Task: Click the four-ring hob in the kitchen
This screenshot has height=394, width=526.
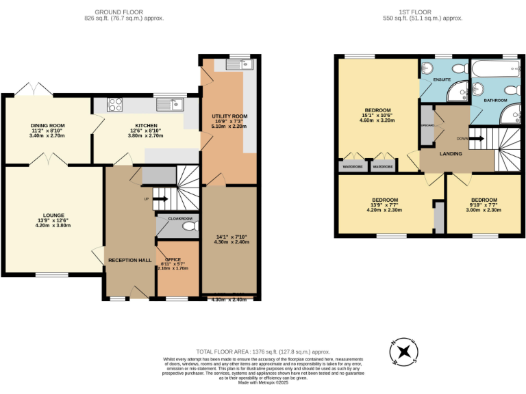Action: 115,105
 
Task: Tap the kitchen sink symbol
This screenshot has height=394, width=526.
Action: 168,105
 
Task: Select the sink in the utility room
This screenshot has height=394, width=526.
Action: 227,64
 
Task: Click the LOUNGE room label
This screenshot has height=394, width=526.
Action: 53,215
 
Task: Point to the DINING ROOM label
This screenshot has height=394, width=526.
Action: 47,126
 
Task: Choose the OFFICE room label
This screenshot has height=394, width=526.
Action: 173,259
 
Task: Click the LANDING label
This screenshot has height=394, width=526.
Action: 451,154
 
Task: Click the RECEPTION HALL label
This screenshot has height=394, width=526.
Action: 129,260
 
